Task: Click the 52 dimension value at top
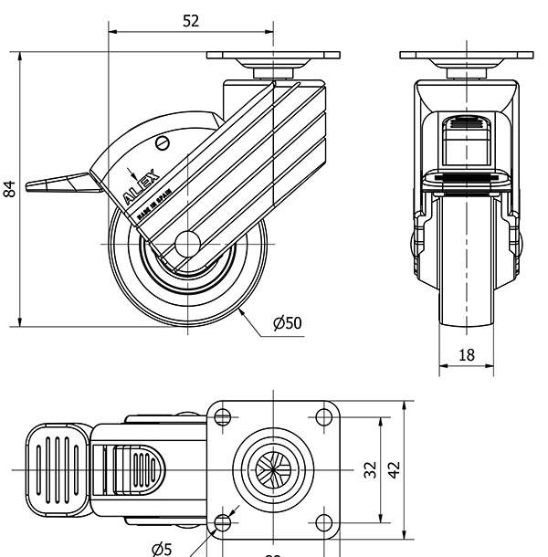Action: point(190,21)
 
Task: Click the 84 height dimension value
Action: point(10,189)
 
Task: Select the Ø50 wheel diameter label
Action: point(287,322)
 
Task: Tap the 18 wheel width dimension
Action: point(466,354)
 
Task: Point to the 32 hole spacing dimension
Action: point(370,469)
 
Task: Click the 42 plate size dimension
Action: point(394,469)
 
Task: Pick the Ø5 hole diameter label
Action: point(161,548)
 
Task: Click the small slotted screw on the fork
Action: point(164,143)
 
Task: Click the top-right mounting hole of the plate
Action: point(322,417)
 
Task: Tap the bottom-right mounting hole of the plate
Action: point(322,522)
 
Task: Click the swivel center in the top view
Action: point(273,469)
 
